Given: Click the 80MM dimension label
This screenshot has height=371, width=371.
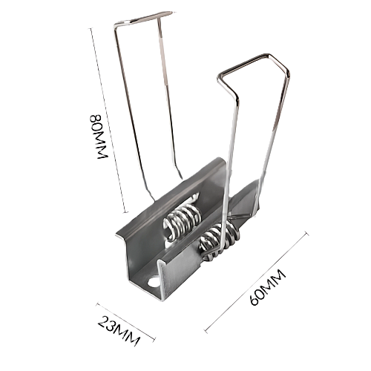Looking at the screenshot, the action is (x=99, y=137).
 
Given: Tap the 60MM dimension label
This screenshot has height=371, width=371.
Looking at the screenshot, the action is (x=268, y=287).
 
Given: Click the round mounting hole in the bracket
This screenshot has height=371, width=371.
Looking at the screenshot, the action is (x=154, y=282).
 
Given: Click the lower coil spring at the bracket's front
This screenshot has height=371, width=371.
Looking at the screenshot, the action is (x=217, y=241).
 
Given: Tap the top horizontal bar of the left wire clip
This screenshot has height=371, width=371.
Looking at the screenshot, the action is (x=144, y=18).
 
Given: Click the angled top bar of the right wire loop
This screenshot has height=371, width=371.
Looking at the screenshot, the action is (x=243, y=64).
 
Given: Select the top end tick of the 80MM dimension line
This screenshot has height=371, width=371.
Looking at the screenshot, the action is (x=91, y=28).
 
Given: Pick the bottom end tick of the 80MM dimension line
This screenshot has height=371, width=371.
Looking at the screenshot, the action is (x=126, y=212).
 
